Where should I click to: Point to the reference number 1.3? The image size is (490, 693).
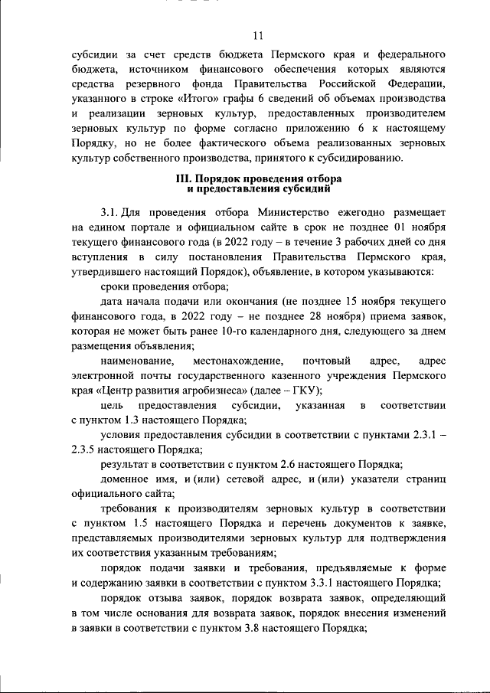click(124, 420)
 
